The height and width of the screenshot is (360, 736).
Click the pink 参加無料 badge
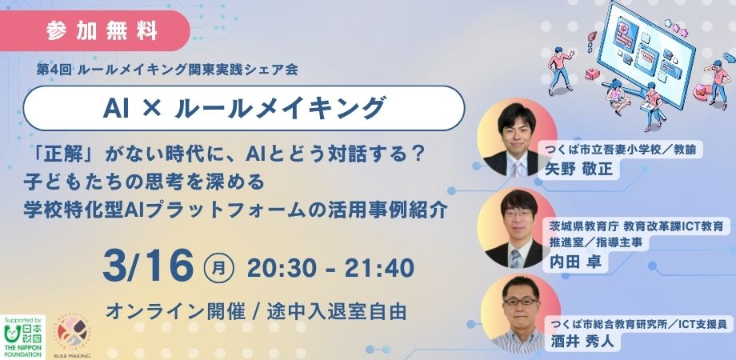[94, 31]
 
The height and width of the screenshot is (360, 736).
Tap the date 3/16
[148, 266]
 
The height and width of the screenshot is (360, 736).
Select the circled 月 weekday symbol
[219, 269]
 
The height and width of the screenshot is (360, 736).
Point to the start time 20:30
[284, 269]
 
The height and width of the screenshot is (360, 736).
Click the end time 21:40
[379, 269]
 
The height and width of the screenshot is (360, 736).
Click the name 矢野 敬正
[578, 169]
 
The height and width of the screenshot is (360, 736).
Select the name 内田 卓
[575, 262]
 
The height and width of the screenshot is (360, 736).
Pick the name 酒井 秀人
[582, 341]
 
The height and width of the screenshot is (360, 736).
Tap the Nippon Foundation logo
[22, 337]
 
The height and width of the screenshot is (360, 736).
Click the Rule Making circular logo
[72, 333]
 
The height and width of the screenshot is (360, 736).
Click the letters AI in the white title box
[115, 109]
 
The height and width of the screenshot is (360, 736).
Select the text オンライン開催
[175, 311]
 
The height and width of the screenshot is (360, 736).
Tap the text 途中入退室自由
[337, 311]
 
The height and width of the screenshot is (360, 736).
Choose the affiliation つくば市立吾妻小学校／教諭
[624, 150]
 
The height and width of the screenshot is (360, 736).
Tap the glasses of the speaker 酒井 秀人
[520, 302]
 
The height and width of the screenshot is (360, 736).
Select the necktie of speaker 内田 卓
[516, 259]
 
